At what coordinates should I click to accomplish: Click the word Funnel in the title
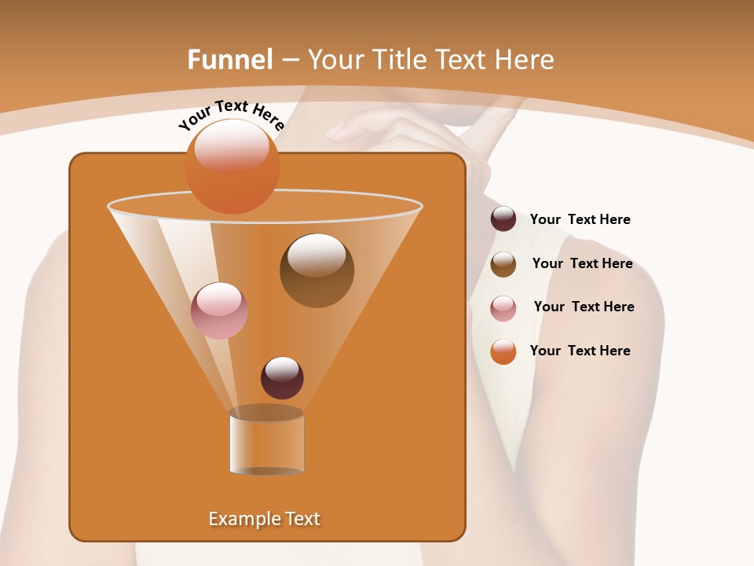click(230, 60)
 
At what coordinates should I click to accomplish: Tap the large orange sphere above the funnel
click(232, 165)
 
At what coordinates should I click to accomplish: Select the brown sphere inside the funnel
click(317, 270)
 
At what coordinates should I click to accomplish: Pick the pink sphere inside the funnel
click(219, 311)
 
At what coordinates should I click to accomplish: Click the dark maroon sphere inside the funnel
click(282, 377)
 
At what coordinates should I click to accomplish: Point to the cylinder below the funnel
click(266, 441)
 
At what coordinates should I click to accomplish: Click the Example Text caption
click(264, 519)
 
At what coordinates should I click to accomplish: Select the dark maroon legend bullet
click(503, 219)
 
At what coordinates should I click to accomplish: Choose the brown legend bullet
click(503, 264)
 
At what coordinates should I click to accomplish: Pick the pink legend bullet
click(503, 308)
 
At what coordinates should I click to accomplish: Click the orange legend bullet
click(503, 351)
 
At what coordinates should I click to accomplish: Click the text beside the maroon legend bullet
click(580, 220)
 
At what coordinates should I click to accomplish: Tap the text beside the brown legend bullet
click(582, 264)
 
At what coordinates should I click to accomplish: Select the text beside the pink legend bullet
click(584, 307)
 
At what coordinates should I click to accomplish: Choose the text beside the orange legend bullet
click(580, 351)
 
